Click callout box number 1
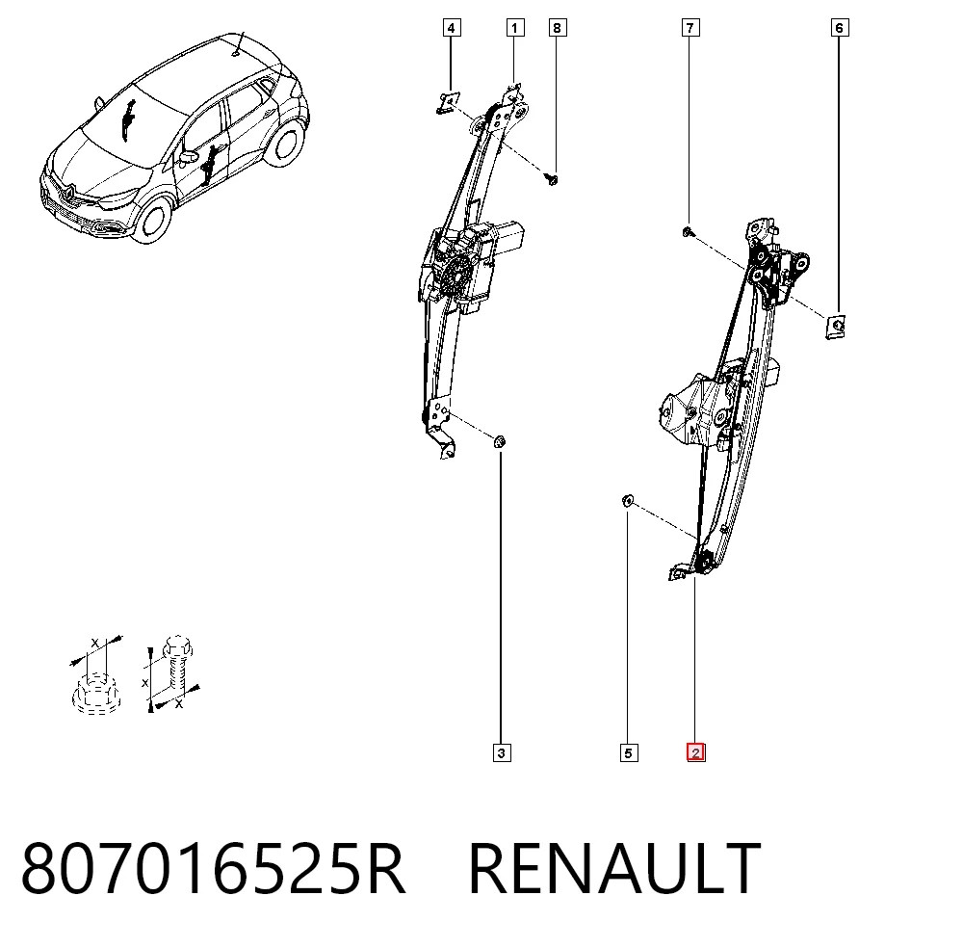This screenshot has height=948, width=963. pyautogui.click(x=514, y=28)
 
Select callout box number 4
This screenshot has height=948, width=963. pyautogui.click(x=452, y=28)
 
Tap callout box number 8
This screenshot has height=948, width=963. pyautogui.click(x=557, y=28)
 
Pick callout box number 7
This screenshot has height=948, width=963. pyautogui.click(x=690, y=28)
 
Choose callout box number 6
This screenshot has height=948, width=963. pyautogui.click(x=840, y=28)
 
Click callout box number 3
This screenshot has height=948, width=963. pyautogui.click(x=502, y=753)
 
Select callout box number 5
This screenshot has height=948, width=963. pyautogui.click(x=628, y=753)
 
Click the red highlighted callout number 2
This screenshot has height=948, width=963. pyautogui.click(x=696, y=752)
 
